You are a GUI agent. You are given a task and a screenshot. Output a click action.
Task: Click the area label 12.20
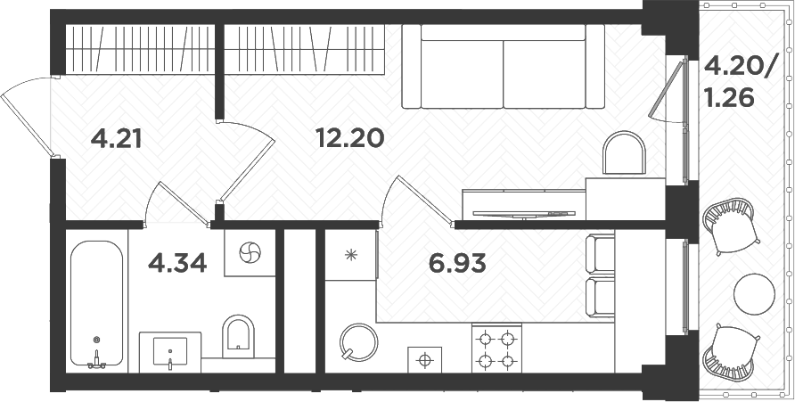349,138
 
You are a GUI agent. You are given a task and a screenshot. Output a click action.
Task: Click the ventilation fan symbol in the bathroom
250,253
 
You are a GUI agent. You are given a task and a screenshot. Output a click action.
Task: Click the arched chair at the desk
624,153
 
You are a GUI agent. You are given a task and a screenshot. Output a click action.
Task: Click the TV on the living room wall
518,213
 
